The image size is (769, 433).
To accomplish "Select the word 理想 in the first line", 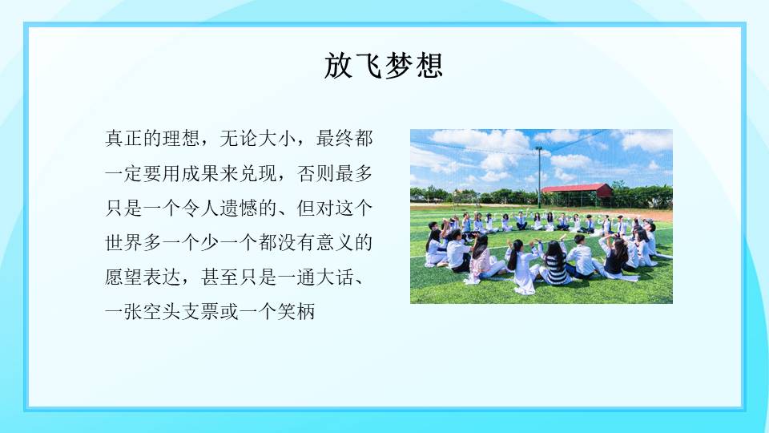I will (x=183, y=138).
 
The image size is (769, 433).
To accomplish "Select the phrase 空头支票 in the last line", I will (x=183, y=312).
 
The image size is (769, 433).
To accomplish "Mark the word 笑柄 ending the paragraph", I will (x=297, y=312).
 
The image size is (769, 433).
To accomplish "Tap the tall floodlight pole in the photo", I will (x=539, y=176).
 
